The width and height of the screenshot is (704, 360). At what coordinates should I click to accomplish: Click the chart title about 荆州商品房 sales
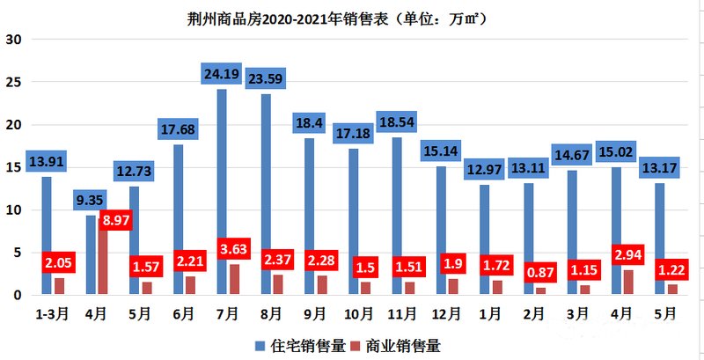[x=351, y=17]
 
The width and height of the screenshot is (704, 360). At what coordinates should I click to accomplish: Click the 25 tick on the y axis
[x=14, y=82]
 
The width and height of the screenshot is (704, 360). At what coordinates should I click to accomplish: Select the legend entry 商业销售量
[x=398, y=345]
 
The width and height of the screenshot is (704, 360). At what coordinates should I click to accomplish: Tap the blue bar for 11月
[x=397, y=216]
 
